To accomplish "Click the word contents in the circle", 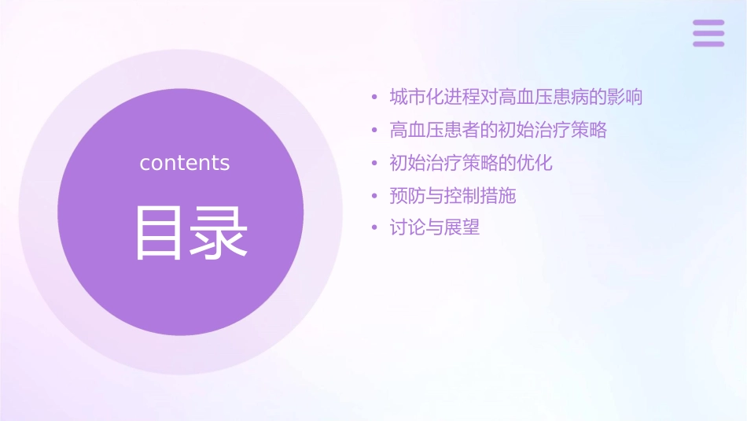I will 185,163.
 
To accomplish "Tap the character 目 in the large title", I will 157,232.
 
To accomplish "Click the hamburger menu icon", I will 708,33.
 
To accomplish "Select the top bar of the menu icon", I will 708,23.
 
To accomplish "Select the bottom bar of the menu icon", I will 708,44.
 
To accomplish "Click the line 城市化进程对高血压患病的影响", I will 516,98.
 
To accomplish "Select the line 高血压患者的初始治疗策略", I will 499,130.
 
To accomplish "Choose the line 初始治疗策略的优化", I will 471,163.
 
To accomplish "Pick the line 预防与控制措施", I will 453,195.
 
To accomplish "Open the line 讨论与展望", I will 435,228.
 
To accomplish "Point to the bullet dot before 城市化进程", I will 375,98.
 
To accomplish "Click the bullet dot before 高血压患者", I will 375,131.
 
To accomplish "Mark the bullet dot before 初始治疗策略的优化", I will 375,164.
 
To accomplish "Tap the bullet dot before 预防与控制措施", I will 375,196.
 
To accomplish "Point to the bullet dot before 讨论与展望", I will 375,229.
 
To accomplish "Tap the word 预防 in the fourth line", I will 407,195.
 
